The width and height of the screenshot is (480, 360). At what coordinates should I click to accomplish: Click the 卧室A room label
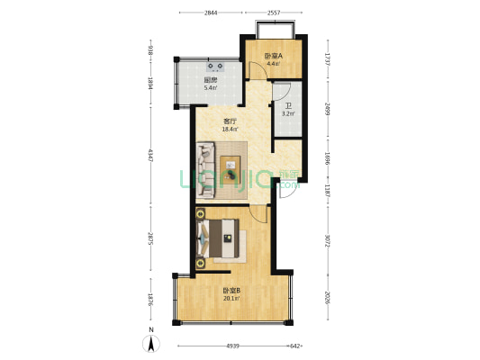coord(273,57)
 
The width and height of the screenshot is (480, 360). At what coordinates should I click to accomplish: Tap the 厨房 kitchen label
coord(210,80)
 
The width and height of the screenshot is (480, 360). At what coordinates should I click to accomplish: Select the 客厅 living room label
coord(230,121)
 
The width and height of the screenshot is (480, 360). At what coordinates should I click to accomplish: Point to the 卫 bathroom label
coord(287,104)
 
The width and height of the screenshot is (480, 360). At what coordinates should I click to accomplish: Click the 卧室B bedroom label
coord(231,290)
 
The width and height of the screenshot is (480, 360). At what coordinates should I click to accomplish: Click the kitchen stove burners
coord(217,65)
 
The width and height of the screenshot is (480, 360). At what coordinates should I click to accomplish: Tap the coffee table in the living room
coord(233,168)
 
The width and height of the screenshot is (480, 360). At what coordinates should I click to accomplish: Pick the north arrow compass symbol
coord(152,343)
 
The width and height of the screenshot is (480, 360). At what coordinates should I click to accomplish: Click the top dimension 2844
coord(210,13)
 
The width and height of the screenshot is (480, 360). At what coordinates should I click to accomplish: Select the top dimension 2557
coord(272,13)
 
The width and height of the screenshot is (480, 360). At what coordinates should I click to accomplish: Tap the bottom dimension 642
coord(294,346)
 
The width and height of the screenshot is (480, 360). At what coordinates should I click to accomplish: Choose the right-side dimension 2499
coord(328,110)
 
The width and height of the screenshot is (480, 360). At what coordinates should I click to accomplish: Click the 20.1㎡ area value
coord(231,298)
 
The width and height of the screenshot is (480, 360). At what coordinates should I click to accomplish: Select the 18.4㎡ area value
coord(230,130)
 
